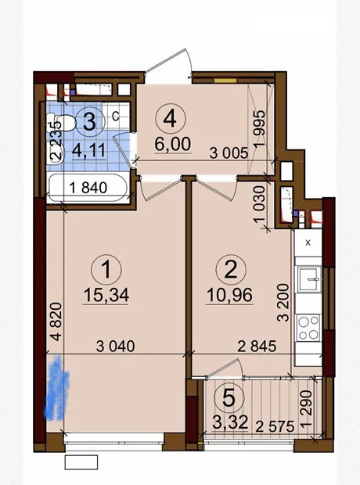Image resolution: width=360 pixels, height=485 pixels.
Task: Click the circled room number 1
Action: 106,269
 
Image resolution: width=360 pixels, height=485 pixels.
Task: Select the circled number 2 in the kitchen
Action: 231,269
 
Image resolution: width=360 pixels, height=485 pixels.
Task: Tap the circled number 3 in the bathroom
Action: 89,121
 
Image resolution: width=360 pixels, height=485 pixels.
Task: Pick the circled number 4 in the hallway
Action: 171,119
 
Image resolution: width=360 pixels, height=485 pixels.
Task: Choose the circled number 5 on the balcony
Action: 229,399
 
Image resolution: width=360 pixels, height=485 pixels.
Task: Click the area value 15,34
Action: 106,295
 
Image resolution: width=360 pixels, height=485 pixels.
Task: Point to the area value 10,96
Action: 229,295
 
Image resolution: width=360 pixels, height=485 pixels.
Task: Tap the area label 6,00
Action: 173,144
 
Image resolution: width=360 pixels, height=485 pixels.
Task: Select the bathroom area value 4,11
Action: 89,150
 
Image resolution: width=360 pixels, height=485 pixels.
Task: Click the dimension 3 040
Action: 116,346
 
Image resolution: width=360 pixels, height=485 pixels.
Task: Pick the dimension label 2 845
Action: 257,346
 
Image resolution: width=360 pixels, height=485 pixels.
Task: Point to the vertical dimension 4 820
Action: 57,322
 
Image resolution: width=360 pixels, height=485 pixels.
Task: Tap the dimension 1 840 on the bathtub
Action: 88,188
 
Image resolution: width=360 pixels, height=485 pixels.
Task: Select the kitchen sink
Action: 308,279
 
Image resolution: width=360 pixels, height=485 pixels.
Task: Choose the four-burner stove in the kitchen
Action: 308,328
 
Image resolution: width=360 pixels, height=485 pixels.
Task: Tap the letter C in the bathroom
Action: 115,117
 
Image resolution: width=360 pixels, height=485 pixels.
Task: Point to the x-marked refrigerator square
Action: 308,243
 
